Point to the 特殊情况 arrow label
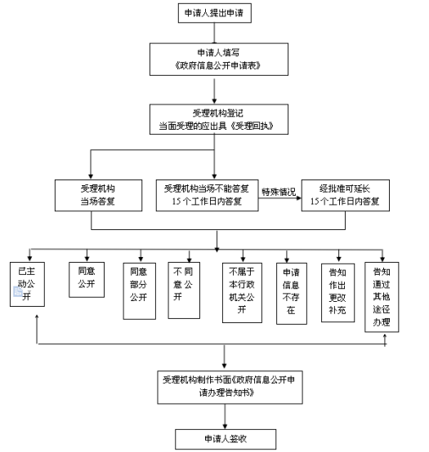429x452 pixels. click(x=279, y=192)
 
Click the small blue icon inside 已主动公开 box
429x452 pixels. click(x=18, y=291)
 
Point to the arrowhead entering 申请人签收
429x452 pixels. click(x=225, y=427)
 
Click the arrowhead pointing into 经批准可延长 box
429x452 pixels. click(x=299, y=198)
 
